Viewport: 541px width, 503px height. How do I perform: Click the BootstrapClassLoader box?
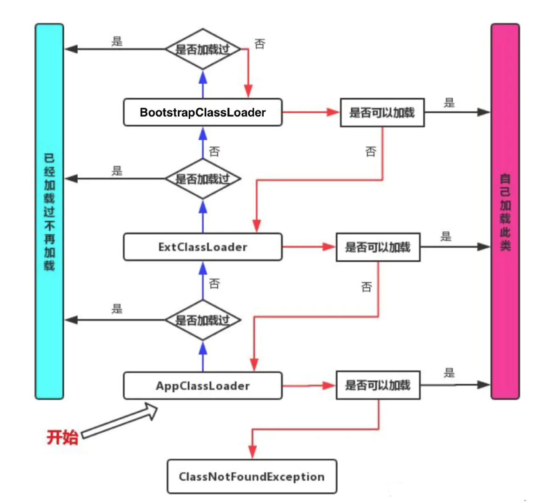pos(203,112)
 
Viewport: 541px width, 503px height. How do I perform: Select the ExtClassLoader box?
pos(203,247)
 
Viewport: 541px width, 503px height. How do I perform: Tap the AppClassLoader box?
pos(203,386)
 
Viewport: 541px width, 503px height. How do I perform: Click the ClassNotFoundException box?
pos(252,476)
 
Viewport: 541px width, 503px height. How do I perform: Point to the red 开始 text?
pos(62,437)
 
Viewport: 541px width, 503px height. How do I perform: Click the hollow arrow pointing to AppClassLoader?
pos(120,420)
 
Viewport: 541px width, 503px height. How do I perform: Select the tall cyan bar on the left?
pos(49,211)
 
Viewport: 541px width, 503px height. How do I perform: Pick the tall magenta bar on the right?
pos(505,211)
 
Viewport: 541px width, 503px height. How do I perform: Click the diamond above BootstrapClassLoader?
pos(203,49)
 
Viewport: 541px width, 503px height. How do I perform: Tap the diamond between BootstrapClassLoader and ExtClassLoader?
pos(203,178)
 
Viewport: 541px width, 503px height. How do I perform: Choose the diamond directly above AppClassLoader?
pos(203,320)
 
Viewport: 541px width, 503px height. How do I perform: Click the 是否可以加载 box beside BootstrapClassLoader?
pos(382,112)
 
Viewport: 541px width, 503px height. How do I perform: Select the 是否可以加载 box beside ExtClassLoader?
pos(378,247)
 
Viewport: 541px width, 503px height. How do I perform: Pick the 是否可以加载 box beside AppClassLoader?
pos(378,385)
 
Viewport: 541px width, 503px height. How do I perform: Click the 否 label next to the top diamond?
pos(260,44)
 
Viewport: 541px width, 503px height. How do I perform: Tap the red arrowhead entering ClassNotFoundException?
pos(252,451)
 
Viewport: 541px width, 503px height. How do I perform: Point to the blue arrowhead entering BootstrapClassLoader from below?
pos(203,134)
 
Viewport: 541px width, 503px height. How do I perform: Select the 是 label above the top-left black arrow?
pos(117,41)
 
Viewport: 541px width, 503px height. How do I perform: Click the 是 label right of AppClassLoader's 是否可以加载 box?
pos(449,373)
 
